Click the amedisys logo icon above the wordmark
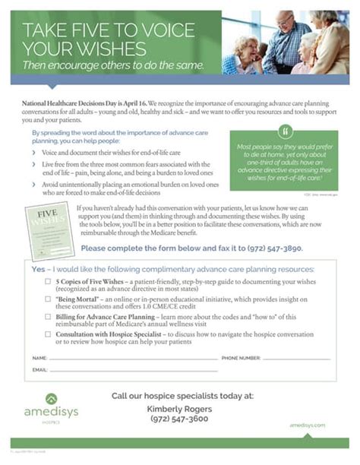pyautogui.click(x=51, y=399)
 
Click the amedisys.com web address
pyautogui.click(x=308, y=425)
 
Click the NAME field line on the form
pyautogui.click(x=122, y=358)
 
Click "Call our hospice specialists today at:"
pyautogui.click(x=182, y=395)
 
